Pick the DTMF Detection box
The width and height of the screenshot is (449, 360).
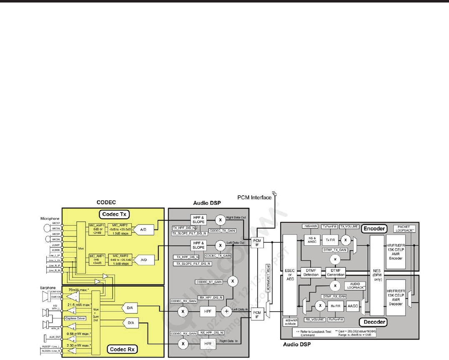[311, 272]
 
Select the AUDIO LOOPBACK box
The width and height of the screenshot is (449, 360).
[353, 287]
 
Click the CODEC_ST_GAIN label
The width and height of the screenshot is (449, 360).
[209, 282]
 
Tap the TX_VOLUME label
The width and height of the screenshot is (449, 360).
[349, 226]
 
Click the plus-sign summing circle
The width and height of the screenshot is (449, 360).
[227, 311]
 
